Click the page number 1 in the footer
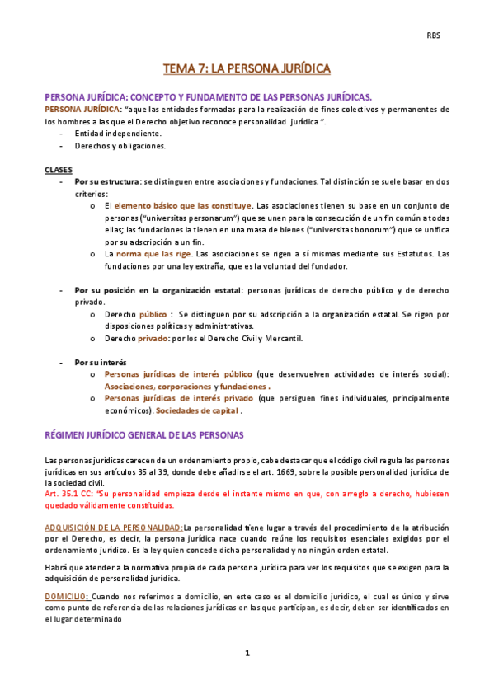click(247, 654)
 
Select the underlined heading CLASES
click(58, 169)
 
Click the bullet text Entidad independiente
click(118, 134)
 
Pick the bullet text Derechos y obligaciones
click(120, 146)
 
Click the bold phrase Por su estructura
click(106, 181)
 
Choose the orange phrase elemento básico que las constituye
click(183, 205)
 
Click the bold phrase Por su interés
click(96, 362)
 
